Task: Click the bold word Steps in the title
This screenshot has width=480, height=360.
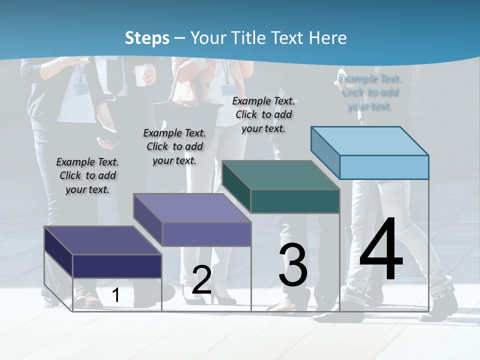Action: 147,38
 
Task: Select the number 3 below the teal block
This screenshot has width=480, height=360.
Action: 293,265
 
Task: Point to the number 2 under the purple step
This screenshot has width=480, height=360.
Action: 201,280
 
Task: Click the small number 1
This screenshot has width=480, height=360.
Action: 115,295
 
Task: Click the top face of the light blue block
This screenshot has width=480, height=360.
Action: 370,140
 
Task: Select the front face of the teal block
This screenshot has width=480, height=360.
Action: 295,201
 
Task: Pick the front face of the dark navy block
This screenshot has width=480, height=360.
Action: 117,266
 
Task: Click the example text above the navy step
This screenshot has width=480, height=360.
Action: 87,175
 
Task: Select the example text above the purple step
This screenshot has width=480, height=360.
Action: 174,146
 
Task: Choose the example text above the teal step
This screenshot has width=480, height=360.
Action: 263,114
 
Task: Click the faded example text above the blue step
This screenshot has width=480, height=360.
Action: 370,92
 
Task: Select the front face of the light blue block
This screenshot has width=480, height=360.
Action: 384,167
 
